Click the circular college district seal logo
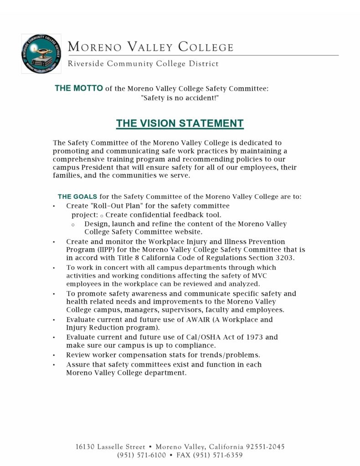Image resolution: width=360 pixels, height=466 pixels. click(x=41, y=53)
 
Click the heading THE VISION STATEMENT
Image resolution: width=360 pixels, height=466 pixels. click(x=180, y=123)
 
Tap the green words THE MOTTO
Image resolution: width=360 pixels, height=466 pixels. click(x=79, y=88)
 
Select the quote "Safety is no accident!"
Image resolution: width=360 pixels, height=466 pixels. click(x=180, y=98)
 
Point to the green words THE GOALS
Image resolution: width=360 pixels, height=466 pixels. click(x=77, y=197)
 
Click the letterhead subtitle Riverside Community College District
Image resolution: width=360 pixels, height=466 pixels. click(x=143, y=64)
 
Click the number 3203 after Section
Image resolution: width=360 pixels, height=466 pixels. click(x=284, y=258)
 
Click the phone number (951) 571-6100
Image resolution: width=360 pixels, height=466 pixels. click(x=142, y=455)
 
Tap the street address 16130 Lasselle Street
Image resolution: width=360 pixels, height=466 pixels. click(x=110, y=447)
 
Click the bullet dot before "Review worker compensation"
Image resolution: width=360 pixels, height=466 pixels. click(x=54, y=355)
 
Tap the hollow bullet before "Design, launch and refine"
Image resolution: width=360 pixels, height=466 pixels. click(x=73, y=225)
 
